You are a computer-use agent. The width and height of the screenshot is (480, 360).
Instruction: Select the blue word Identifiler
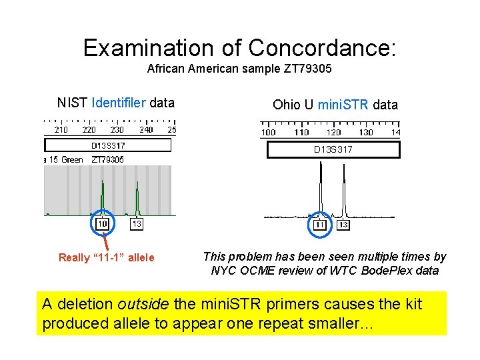click(x=119, y=103)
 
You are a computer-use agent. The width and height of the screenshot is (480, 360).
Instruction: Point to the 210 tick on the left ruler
click(x=61, y=130)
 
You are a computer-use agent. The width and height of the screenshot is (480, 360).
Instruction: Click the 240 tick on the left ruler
click(x=146, y=130)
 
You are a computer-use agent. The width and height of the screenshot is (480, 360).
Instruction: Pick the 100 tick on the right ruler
click(x=268, y=132)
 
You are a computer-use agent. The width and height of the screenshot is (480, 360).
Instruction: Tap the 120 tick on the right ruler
click(x=333, y=132)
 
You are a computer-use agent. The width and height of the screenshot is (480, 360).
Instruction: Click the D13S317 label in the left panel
click(x=108, y=145)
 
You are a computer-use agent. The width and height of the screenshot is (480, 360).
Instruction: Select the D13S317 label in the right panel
click(x=333, y=149)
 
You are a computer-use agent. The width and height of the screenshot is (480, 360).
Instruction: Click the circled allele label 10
click(x=103, y=224)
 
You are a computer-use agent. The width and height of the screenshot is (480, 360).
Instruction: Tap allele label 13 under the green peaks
click(x=136, y=224)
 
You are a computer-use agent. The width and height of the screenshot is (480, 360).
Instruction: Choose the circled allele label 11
click(x=321, y=225)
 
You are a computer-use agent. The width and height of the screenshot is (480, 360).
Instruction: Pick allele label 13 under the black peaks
click(x=343, y=225)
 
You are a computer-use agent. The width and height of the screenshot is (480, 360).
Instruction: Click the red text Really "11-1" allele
click(x=106, y=257)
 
